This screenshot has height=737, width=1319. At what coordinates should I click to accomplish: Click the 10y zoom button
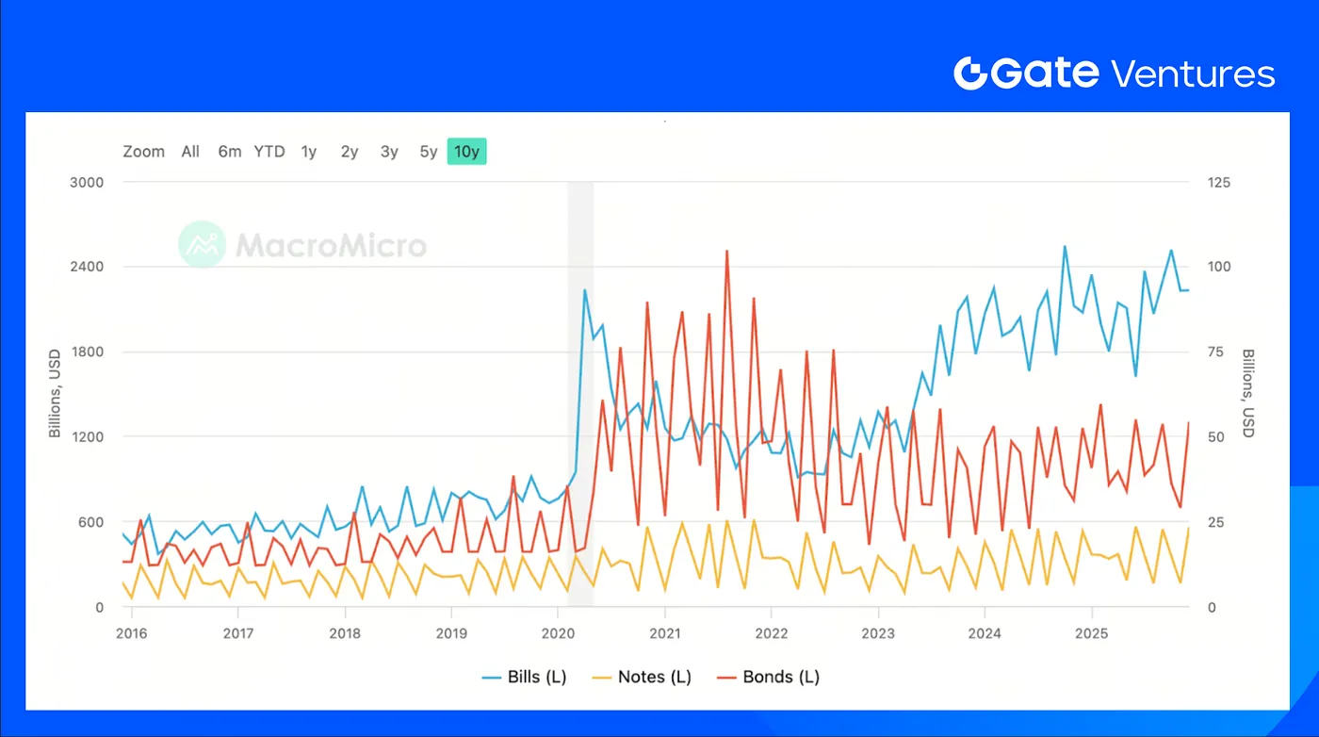(x=466, y=152)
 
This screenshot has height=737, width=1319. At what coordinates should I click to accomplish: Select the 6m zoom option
(x=230, y=152)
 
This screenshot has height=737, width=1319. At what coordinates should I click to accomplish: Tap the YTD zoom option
(x=269, y=152)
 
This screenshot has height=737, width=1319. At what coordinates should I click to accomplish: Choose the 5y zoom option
(x=429, y=152)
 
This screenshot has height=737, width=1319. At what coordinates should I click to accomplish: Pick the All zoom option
(x=190, y=152)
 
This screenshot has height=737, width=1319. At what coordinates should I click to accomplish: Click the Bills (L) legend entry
(x=524, y=677)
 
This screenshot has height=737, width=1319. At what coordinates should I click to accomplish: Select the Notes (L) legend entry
(x=644, y=677)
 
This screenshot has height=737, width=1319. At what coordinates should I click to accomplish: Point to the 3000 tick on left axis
(x=88, y=182)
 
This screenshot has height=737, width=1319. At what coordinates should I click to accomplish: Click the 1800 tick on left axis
(x=88, y=352)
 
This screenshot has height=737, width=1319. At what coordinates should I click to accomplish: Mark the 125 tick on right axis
(x=1219, y=182)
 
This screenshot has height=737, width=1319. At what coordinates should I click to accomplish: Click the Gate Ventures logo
(x=1114, y=74)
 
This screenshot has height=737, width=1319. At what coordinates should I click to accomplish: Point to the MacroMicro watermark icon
(x=202, y=245)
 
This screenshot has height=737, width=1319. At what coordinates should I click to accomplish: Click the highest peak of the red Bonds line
(x=726, y=252)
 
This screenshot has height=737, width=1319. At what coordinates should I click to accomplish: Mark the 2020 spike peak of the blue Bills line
(x=585, y=290)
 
